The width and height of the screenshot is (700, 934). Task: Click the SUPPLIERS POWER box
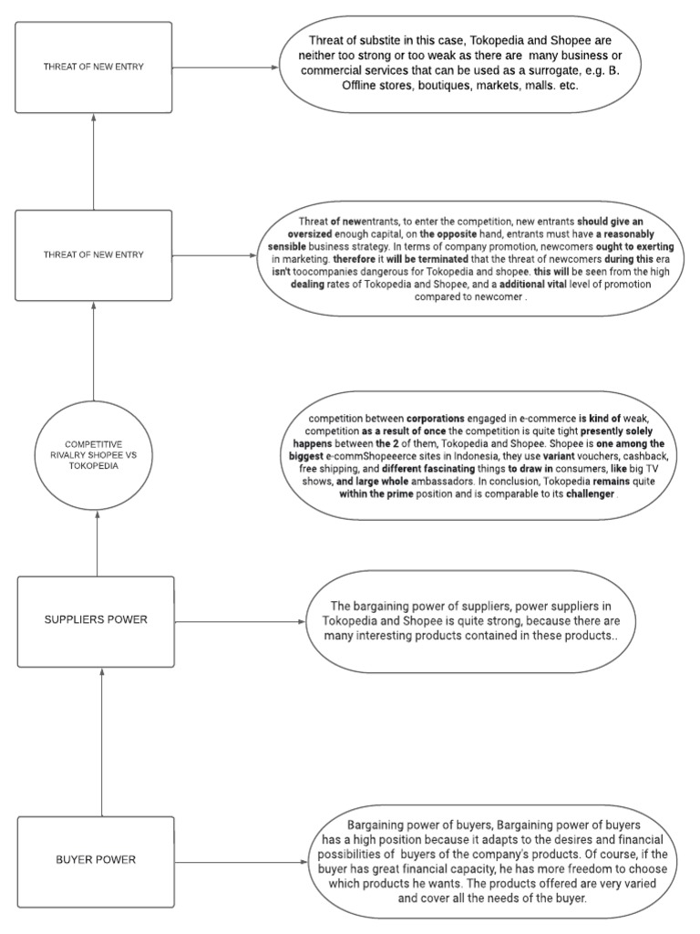tap(96, 621)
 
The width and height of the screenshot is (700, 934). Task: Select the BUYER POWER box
tap(96, 860)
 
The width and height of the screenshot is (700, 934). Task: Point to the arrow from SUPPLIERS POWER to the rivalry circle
tap(97, 537)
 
